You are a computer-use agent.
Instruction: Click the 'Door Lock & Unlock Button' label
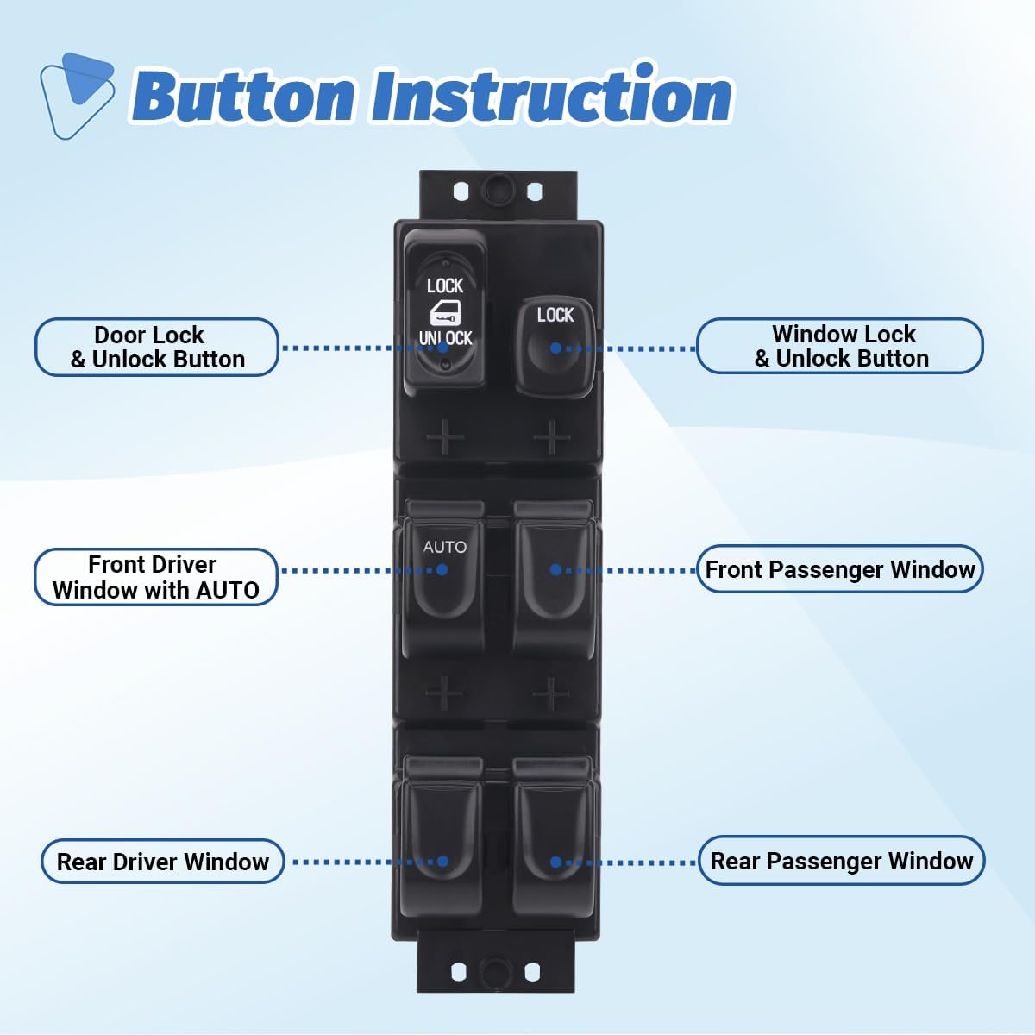[x=156, y=347]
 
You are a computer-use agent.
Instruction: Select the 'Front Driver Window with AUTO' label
[x=155, y=577]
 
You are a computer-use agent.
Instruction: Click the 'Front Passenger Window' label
[x=839, y=569]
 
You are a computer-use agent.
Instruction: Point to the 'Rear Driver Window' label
[x=163, y=862]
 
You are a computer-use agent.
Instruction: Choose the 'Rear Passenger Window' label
[x=841, y=861]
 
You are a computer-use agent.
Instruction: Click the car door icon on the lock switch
[x=445, y=312]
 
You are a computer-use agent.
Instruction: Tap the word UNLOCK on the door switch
[x=445, y=338]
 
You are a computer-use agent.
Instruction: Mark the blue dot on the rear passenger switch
[x=555, y=862]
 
